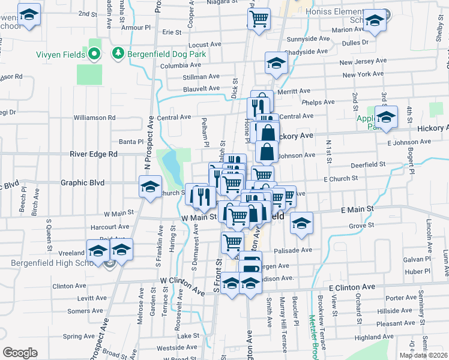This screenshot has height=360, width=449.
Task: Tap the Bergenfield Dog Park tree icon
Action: pyautogui.click(x=118, y=54)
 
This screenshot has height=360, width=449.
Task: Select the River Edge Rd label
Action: pyautogui.click(x=93, y=154)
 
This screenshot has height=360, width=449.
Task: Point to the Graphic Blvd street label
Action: pyautogui.click(x=83, y=182)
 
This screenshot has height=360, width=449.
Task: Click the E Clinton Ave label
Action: pyautogui.click(x=351, y=287)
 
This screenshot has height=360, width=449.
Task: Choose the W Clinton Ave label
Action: pyautogui.click(x=182, y=284)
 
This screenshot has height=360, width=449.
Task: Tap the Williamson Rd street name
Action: pyautogui.click(x=94, y=118)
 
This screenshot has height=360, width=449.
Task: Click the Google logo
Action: pyautogui.click(x=20, y=353)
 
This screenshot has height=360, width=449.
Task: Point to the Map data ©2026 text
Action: pyautogui.click(x=423, y=355)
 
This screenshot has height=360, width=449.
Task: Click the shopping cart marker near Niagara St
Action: pyautogui.click(x=259, y=18)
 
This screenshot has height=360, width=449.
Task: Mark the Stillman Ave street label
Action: pyautogui.click(x=201, y=77)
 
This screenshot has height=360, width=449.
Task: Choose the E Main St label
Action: pyautogui.click(x=357, y=209)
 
